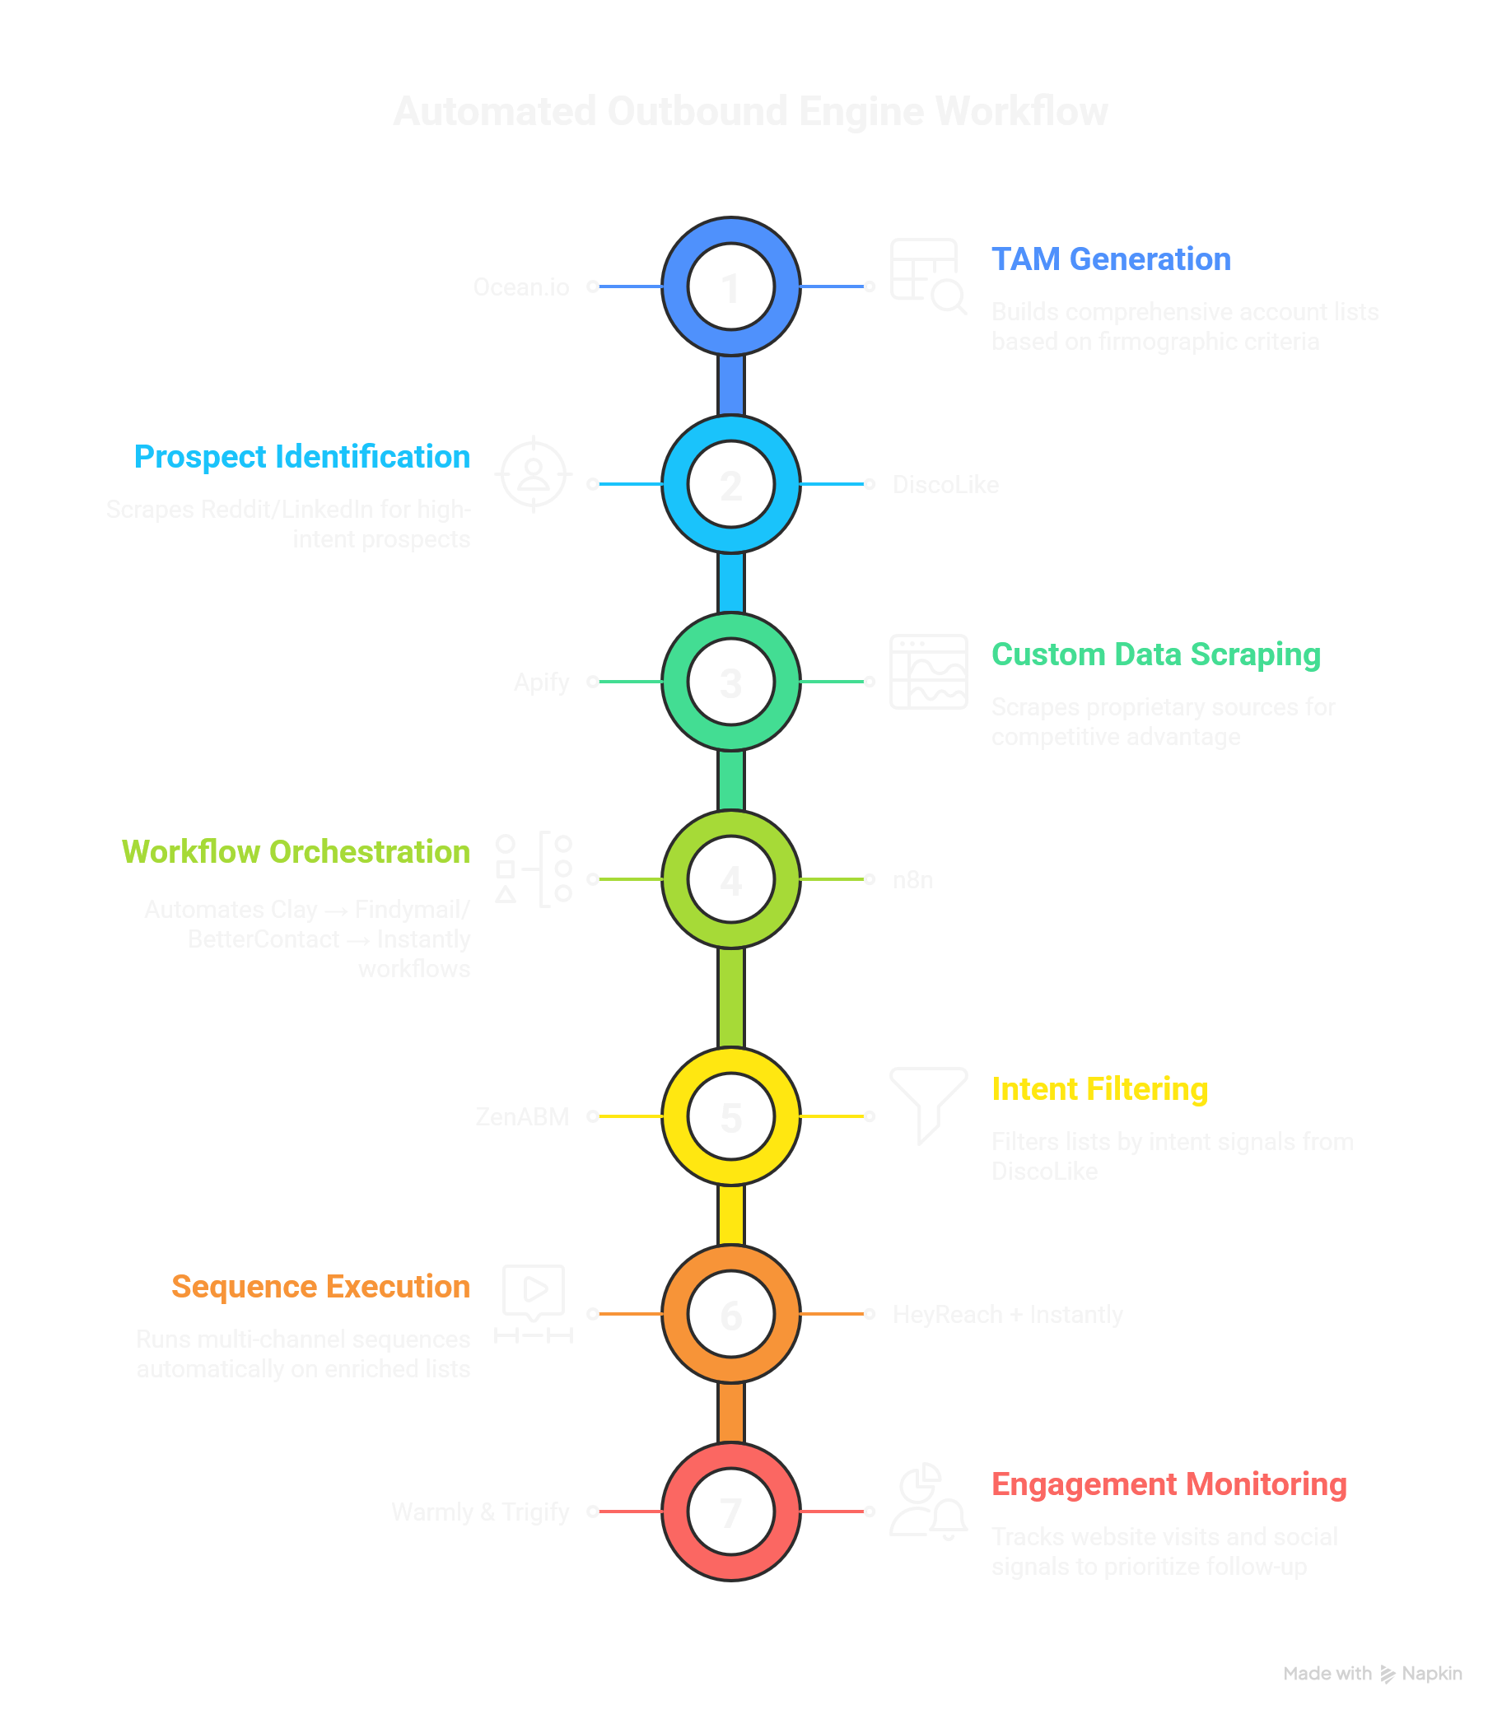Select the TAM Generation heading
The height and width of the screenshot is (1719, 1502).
1111,260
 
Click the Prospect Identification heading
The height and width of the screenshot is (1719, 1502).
301,457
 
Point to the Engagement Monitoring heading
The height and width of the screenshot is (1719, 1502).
1168,1484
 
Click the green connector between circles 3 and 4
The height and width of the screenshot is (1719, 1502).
731,780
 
